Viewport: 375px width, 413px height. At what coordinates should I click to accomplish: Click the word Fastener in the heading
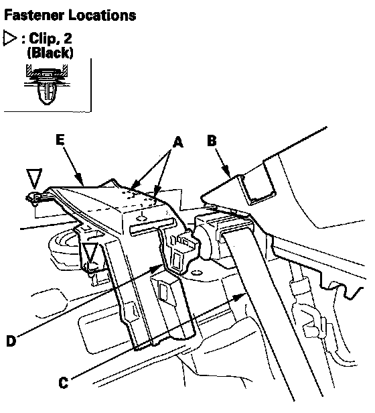point(35,15)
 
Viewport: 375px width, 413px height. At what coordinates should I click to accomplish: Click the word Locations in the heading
point(102,15)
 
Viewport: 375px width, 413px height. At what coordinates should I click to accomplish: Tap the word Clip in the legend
point(42,38)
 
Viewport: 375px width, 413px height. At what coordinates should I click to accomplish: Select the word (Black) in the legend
point(50,53)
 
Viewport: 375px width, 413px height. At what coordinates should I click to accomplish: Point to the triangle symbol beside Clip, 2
point(9,38)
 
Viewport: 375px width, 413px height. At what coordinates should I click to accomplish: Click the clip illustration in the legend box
point(47,84)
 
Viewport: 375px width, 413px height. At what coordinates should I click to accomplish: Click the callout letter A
point(178,142)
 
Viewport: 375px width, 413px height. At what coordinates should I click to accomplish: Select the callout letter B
point(212,140)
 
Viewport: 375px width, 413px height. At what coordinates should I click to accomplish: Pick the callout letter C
point(64,382)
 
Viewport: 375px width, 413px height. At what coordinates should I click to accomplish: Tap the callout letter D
point(11,341)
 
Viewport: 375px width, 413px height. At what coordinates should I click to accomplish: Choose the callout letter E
point(60,139)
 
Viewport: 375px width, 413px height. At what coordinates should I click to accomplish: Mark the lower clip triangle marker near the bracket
point(90,252)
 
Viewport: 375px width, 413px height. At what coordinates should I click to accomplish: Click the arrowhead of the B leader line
point(227,172)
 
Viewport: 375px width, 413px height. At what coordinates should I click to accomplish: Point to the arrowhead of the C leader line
point(240,298)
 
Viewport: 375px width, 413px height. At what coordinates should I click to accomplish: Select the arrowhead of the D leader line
point(156,268)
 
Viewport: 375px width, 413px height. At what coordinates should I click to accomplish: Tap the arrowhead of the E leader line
point(80,180)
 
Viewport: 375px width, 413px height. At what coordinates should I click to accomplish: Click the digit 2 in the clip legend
point(68,38)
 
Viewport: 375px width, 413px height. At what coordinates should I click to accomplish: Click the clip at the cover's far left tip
point(33,198)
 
